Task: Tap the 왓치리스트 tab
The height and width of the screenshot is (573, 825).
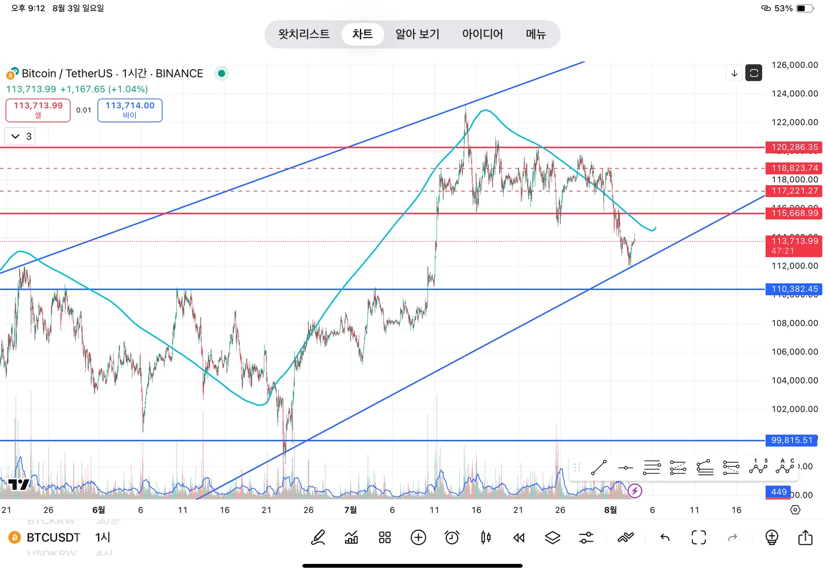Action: [x=304, y=34]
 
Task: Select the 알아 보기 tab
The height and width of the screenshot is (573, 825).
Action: [x=417, y=34]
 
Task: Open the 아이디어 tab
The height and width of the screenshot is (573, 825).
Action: [x=482, y=34]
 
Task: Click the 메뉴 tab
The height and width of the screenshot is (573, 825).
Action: [x=536, y=34]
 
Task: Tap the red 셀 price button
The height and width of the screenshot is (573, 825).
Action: [x=38, y=110]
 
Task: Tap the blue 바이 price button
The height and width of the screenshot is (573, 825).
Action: [x=130, y=110]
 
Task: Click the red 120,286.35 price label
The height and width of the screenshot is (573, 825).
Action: [x=794, y=147]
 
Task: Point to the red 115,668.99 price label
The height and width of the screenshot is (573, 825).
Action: [x=794, y=213]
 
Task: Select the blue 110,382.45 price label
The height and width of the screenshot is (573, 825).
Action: [x=794, y=289]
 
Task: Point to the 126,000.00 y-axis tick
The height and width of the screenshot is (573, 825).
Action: [x=794, y=65]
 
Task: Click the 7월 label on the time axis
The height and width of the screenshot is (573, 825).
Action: [x=350, y=510]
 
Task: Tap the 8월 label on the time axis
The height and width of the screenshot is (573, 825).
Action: [x=611, y=510]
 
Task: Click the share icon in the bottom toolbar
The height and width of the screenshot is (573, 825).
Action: [x=805, y=537]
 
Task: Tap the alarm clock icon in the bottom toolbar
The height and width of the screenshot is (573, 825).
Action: [x=452, y=537]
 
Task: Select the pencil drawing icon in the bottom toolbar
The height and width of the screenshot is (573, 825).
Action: [x=318, y=537]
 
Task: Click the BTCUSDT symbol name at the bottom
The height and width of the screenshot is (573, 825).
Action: [x=53, y=537]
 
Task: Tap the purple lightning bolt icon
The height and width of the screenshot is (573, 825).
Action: [x=634, y=491]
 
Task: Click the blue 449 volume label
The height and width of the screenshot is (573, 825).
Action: [x=778, y=492]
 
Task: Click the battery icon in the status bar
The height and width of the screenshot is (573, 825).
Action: [x=804, y=8]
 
